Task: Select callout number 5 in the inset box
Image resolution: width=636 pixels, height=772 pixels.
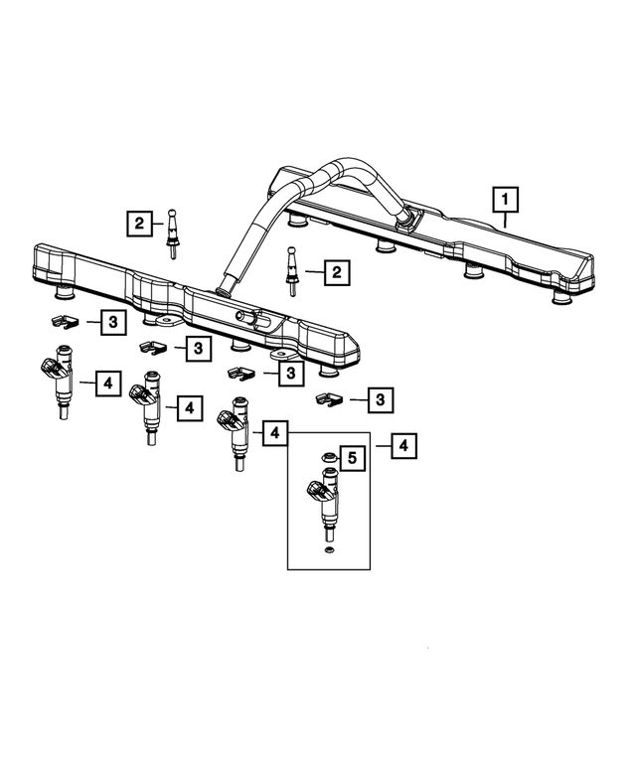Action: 350,458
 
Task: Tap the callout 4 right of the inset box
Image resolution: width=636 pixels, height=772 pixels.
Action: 402,446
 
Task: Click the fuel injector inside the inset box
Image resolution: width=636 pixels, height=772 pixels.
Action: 324,502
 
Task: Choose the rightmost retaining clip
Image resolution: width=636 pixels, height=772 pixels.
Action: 329,398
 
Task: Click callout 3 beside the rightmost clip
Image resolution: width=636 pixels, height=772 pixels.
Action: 381,399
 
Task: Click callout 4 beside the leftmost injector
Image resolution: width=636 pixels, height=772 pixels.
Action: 107,383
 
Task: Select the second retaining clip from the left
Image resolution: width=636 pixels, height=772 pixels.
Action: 152,347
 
